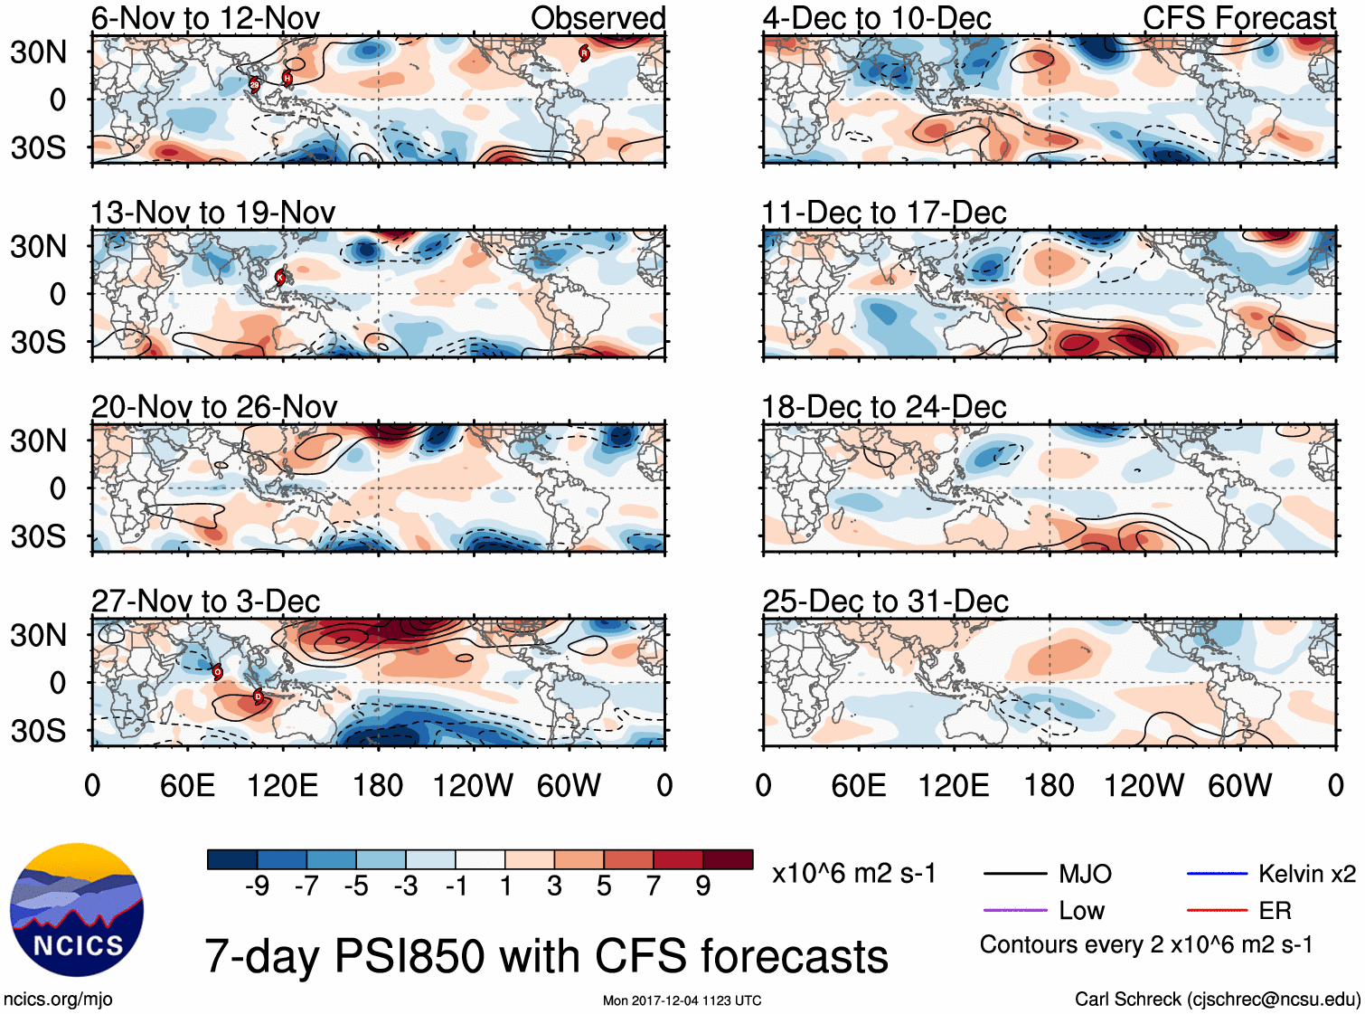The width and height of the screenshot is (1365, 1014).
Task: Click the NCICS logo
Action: (x=77, y=909)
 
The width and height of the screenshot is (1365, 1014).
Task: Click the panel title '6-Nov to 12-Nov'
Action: (x=205, y=18)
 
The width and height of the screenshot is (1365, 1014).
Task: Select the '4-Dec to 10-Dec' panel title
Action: (x=877, y=18)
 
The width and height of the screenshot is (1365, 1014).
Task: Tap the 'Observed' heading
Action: (x=598, y=18)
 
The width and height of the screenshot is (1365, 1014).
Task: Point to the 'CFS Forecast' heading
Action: (x=1238, y=18)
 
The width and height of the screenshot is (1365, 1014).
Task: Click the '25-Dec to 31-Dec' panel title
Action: (x=885, y=602)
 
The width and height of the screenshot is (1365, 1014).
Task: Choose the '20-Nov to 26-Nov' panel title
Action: (x=214, y=407)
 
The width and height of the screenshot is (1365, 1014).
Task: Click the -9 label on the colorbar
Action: (x=257, y=886)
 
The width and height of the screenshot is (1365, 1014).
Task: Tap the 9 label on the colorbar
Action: (x=703, y=886)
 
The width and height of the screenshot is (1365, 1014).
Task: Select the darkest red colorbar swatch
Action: (x=728, y=859)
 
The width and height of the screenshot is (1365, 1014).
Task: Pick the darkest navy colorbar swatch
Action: (x=232, y=859)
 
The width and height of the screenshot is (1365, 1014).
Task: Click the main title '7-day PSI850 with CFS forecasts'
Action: (x=546, y=956)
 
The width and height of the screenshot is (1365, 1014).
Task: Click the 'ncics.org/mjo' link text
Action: (x=58, y=1000)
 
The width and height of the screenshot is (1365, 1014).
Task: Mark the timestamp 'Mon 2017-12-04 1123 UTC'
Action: (x=682, y=1000)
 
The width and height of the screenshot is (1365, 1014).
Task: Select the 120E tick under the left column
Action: (x=283, y=785)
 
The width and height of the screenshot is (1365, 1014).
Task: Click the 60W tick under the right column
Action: (x=1239, y=785)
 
